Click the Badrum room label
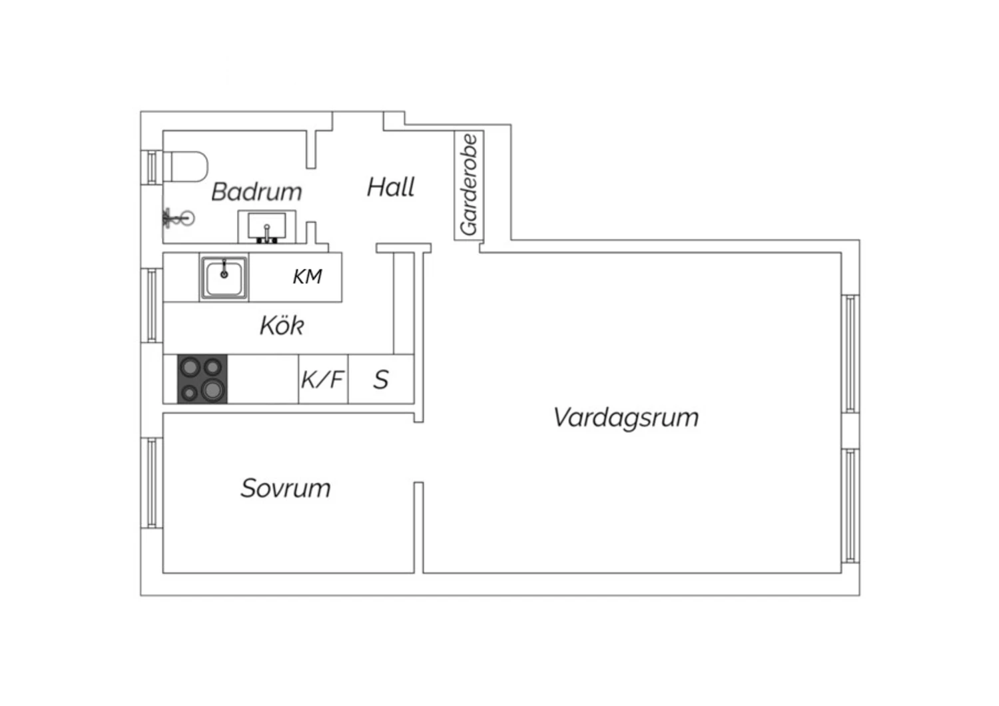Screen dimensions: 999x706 coord(256,192)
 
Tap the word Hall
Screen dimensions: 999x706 coord(391,187)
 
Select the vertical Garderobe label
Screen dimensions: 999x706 coord(469,184)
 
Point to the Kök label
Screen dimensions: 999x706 coord(282,325)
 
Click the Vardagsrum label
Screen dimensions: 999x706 coord(626,418)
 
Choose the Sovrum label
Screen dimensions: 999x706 coord(286,488)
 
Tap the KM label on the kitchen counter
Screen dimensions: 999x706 coord(307,276)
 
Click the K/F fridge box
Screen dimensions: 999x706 coord(323,379)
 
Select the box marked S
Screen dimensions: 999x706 coord(381,379)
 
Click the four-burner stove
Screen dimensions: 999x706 coord(202,379)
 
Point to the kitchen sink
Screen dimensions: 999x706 coord(224,277)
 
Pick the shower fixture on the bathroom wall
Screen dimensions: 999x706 coord(179,218)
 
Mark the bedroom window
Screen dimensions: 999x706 coord(152,483)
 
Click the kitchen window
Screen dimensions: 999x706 coord(152,305)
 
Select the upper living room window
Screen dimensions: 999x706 coord(850,354)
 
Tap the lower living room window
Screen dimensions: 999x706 coord(850,506)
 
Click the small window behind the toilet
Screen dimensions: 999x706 coord(152,167)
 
